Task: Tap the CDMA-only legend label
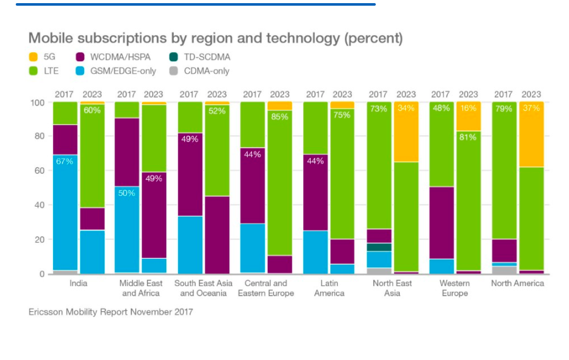tap(207, 71)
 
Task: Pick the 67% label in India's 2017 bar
tap(65, 161)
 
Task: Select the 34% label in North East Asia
tap(406, 109)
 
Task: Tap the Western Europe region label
tap(455, 288)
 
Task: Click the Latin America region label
tap(329, 288)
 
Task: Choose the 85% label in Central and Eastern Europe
tap(280, 116)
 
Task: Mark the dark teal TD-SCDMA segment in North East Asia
tap(378, 248)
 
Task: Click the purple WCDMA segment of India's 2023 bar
tap(92, 219)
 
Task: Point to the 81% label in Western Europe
tap(469, 137)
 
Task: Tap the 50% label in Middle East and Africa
tap(127, 193)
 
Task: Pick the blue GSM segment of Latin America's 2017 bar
tap(316, 252)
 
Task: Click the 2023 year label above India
tap(92, 95)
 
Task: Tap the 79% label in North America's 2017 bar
tap(503, 109)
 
